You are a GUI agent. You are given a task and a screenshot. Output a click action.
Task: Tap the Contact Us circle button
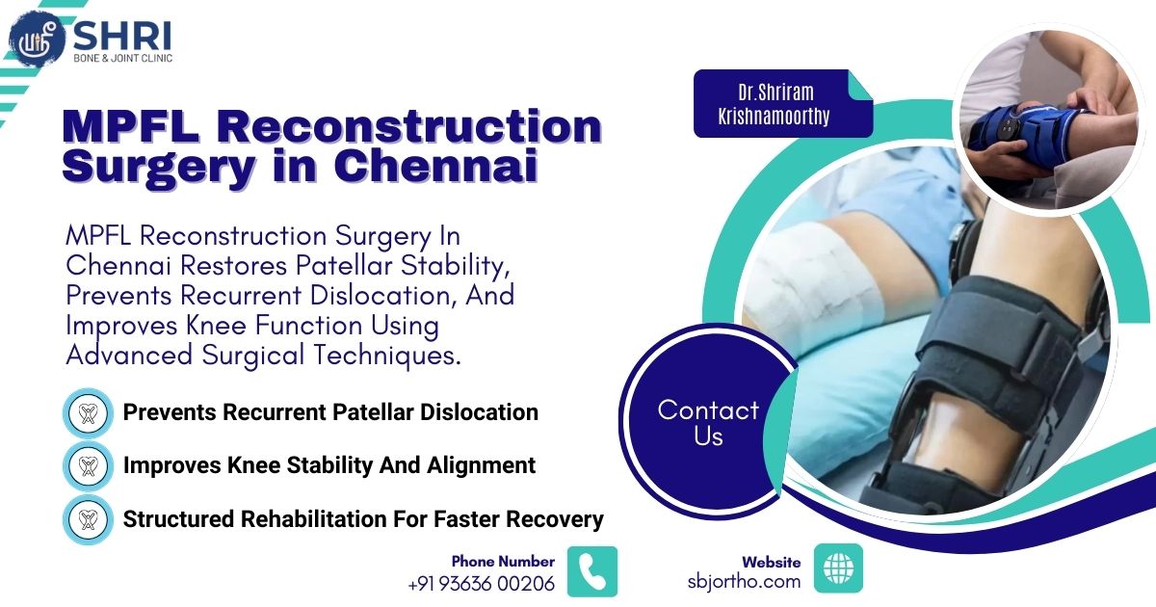pyautogui.click(x=708, y=423)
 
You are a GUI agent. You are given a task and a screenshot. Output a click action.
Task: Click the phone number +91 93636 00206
pyautogui.click(x=481, y=583)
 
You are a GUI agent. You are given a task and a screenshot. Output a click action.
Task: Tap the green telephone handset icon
pyautogui.click(x=591, y=571)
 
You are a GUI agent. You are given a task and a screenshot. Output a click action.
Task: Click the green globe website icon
pyautogui.click(x=838, y=568)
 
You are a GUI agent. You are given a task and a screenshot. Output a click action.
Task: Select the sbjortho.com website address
pyautogui.click(x=744, y=581)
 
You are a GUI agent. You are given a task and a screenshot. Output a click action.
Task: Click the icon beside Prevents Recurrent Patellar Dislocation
pyautogui.click(x=89, y=413)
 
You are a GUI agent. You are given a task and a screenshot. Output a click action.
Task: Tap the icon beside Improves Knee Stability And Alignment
pyautogui.click(x=89, y=466)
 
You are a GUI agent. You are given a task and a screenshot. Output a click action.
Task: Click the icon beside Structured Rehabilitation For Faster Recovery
pyautogui.click(x=89, y=520)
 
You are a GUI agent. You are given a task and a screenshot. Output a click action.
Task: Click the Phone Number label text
pyautogui.click(x=503, y=561)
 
